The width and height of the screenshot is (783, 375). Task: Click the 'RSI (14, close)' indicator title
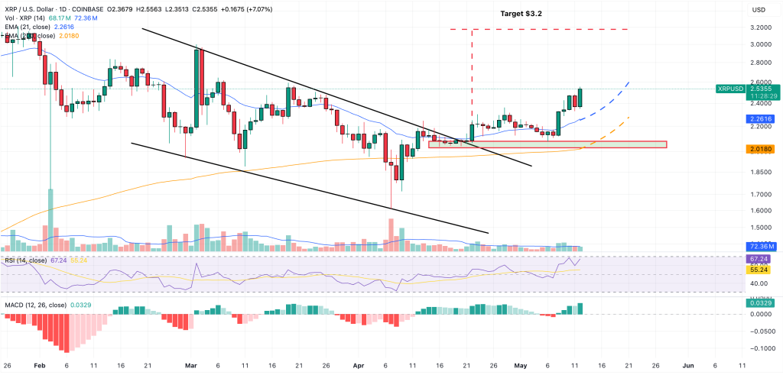[x=25, y=260]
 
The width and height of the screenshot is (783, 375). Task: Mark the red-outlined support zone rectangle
[x=547, y=144]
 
